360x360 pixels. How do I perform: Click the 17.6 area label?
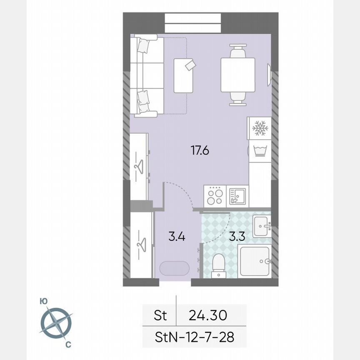pos(200,150)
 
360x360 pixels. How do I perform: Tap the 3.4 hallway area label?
pos(177,237)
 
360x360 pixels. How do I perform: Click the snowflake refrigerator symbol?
pos(260,128)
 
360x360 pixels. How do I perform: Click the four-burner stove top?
pos(215,195)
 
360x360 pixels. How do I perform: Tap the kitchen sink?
pos(237,195)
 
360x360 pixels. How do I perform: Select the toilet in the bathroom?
pos(218,265)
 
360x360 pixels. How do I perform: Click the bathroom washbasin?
pos(262,226)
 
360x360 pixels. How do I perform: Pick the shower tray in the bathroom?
pos(254,262)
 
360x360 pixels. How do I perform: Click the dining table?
pos(237,75)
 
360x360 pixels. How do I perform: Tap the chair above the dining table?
pos(237,52)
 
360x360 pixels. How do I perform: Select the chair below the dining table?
pos(237,99)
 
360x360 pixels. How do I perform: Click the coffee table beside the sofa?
pos(184,75)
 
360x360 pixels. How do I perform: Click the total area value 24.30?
pos(207,315)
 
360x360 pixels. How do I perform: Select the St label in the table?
pos(160,315)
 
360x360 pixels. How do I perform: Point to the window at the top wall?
pos(193,23)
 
